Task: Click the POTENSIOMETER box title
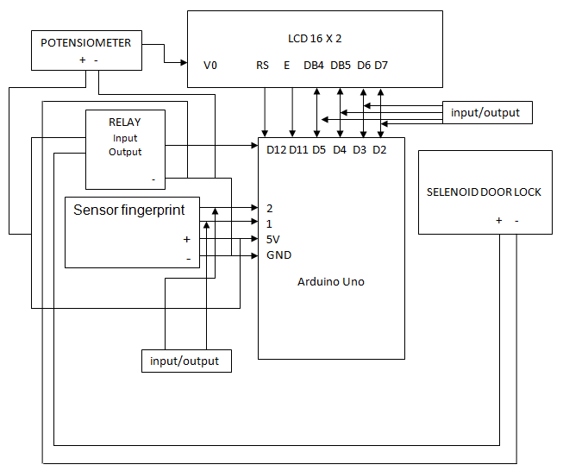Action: pyautogui.click(x=86, y=42)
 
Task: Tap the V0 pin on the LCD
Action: pyautogui.click(x=210, y=65)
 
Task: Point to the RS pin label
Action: pyautogui.click(x=263, y=65)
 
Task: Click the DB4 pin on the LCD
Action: pyautogui.click(x=315, y=65)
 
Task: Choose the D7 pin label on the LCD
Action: pyautogui.click(x=381, y=65)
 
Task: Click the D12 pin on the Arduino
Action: pyautogui.click(x=276, y=149)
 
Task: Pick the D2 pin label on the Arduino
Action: pyautogui.click(x=379, y=149)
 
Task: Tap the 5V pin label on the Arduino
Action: pyautogui.click(x=273, y=239)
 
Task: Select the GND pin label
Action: pyautogui.click(x=278, y=255)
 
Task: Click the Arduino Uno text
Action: pyautogui.click(x=330, y=282)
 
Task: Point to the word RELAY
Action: pyautogui.click(x=124, y=122)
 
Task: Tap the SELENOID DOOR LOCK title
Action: pyautogui.click(x=484, y=192)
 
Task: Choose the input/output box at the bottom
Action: pyautogui.click(x=186, y=361)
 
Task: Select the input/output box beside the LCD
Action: pyautogui.click(x=486, y=113)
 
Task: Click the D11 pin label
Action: pyautogui.click(x=298, y=149)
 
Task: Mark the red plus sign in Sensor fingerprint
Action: pyautogui.click(x=186, y=240)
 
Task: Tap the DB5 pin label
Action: pyautogui.click(x=341, y=65)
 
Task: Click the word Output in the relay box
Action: pyautogui.click(x=125, y=152)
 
